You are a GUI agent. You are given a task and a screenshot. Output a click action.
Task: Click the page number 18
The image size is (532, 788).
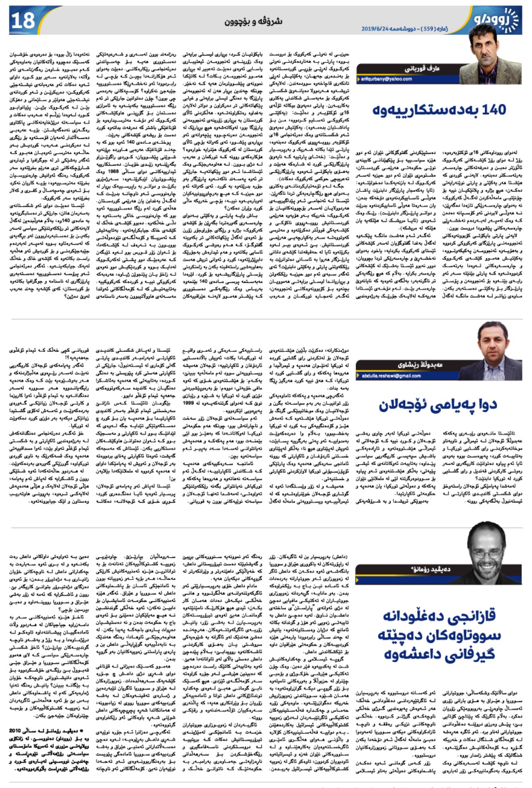pyautogui.click(x=23, y=20)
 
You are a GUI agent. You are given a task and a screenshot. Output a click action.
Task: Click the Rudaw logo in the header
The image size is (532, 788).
pyautogui.click(x=496, y=19)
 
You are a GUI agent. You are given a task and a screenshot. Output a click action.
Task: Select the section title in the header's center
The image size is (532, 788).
pyautogui.click(x=253, y=21)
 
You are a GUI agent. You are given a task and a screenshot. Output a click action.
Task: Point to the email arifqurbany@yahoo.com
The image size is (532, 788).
pyautogui.click(x=386, y=79)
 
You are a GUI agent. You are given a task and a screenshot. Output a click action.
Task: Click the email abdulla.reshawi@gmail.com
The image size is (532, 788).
pyautogui.click(x=391, y=376)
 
